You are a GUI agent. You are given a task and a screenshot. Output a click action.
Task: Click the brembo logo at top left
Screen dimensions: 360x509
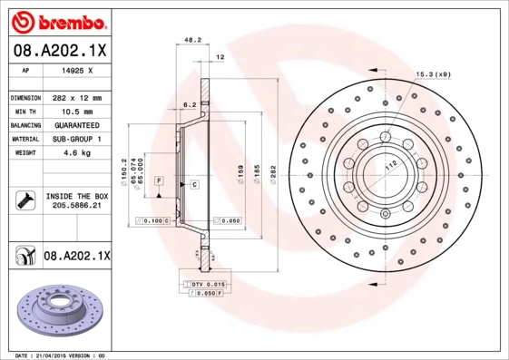pyautogui.click(x=57, y=19)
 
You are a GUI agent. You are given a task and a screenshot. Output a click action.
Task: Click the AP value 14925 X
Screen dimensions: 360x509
pyautogui.click(x=75, y=70)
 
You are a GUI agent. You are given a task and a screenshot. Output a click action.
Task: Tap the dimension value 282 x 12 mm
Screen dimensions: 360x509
pyautogui.click(x=75, y=97)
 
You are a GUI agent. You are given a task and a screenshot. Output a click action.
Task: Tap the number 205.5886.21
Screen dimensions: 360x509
pyautogui.click(x=75, y=207)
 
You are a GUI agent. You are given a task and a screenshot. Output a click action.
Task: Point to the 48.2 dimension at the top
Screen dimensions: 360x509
pyautogui.click(x=192, y=41)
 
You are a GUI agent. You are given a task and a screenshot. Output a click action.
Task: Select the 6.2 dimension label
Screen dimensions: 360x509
pyautogui.click(x=190, y=105)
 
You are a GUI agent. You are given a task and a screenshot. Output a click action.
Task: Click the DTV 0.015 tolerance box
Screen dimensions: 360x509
pyautogui.click(x=208, y=285)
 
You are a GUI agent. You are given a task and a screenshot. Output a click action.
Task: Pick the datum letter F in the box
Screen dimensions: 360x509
pyautogui.click(x=158, y=182)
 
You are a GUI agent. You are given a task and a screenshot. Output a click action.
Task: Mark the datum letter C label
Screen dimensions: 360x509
pyautogui.click(x=194, y=184)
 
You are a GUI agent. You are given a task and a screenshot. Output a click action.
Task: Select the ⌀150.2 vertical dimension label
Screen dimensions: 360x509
pyautogui.click(x=122, y=170)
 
